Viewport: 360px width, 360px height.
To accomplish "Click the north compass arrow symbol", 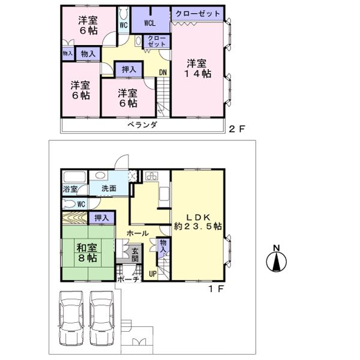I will tap(277, 260).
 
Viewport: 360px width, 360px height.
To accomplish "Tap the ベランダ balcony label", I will tap(142, 125).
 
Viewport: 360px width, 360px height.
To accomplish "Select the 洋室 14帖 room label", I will tap(198, 68).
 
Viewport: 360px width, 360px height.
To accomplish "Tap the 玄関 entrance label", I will tap(135, 254).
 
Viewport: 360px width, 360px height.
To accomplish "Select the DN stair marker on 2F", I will tap(163, 73).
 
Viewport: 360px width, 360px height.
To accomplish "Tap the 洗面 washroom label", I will tap(108, 188).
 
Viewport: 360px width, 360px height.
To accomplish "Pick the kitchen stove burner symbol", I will tap(151, 176).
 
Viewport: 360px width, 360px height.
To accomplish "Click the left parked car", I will tap(71, 317).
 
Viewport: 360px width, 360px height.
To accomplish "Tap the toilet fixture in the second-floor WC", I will tap(123, 13).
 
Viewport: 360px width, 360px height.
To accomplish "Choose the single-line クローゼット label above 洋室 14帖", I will tap(197, 13).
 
